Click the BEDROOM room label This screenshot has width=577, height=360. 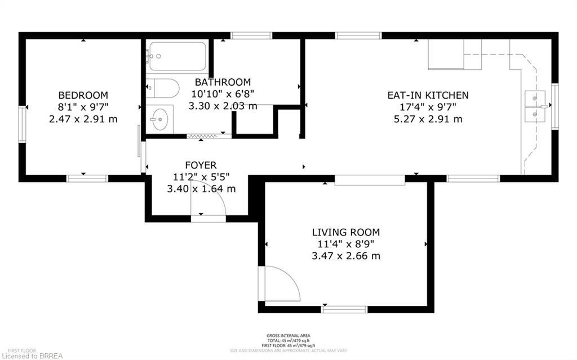(83, 95)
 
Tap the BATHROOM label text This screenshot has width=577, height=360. (223, 82)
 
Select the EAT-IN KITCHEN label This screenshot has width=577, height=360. (428, 95)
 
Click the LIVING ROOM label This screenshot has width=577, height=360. (346, 232)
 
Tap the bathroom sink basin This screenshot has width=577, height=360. (161, 119)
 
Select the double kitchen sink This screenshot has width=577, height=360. (535, 106)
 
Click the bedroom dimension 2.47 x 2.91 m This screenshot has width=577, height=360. (83, 119)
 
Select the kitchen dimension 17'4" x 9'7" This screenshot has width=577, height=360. (428, 107)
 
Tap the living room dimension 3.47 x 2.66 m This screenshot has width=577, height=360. (346, 256)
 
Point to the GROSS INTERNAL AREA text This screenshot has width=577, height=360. (288, 336)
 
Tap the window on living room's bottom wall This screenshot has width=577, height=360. (344, 309)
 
